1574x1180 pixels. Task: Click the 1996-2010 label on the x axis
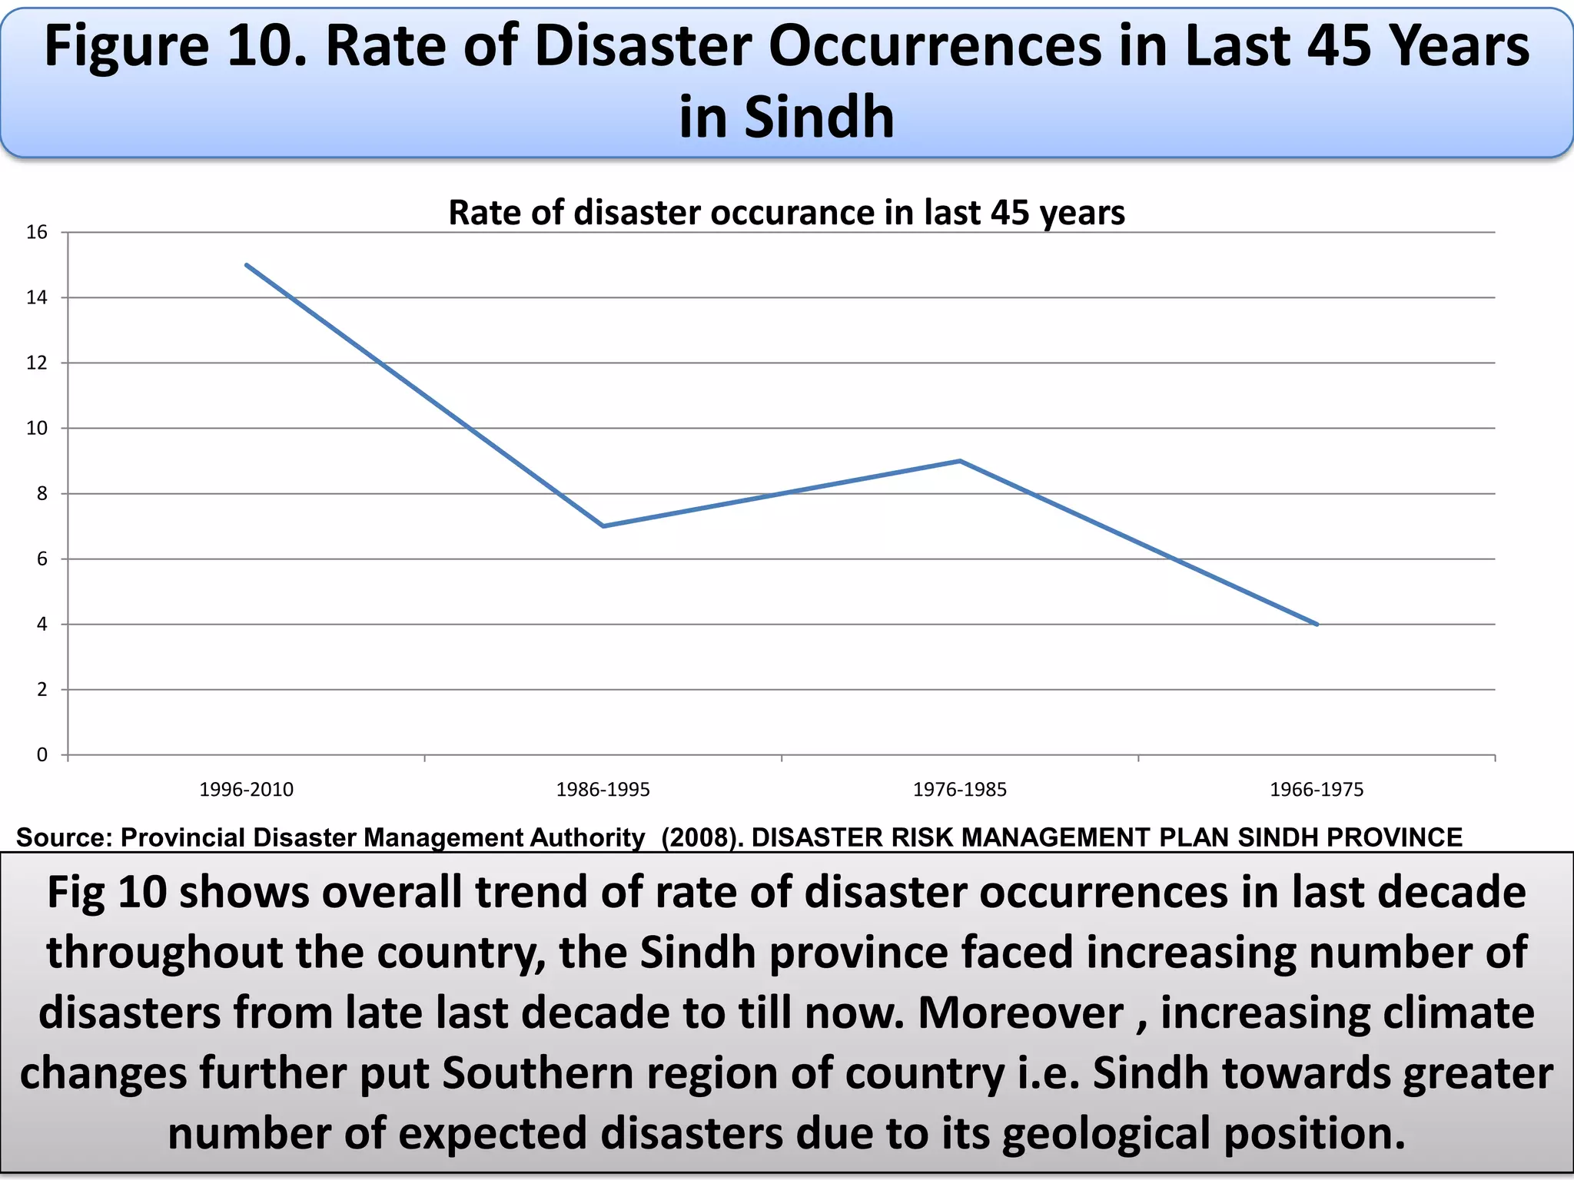[x=246, y=790]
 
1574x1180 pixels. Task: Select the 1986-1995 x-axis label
[x=603, y=790]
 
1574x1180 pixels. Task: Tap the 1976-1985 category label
[x=959, y=790]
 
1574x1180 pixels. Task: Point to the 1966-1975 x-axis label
[x=1317, y=790]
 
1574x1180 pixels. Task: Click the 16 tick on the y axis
[x=37, y=232]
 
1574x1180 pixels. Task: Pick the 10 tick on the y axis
[x=37, y=429]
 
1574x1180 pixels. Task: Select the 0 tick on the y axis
[x=42, y=755]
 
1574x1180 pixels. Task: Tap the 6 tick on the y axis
[x=42, y=559]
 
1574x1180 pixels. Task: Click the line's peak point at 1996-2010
[x=246, y=264]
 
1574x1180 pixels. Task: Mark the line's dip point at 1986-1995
[x=603, y=526]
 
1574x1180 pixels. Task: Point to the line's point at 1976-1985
[x=960, y=461]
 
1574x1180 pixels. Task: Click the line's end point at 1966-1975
[x=1317, y=625]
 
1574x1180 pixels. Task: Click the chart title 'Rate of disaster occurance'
[x=786, y=213]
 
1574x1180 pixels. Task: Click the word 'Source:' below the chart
[x=65, y=837]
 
